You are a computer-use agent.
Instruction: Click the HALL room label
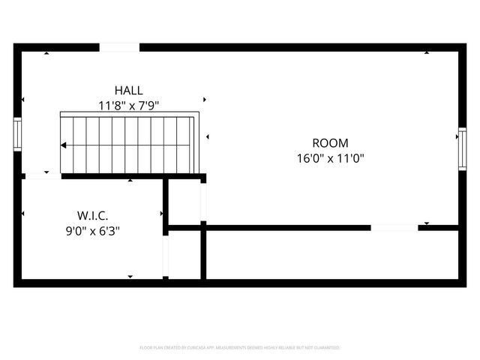click(129, 90)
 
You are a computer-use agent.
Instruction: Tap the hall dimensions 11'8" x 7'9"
click(129, 106)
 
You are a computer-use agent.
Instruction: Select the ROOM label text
click(330, 142)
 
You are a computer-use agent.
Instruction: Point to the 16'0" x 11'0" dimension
click(330, 158)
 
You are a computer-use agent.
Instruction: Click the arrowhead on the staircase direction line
click(64, 145)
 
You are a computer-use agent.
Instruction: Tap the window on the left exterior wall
click(17, 133)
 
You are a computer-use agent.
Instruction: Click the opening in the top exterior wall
click(119, 48)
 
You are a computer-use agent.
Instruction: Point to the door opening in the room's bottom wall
click(394, 227)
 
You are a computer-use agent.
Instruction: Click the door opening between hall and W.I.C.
click(42, 177)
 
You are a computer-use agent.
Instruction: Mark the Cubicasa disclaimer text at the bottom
click(240, 348)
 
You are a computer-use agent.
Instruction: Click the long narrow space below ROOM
click(330, 255)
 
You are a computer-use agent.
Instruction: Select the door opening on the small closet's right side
click(203, 201)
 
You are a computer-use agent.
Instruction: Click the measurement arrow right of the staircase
click(207, 136)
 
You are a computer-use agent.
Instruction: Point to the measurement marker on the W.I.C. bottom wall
click(131, 277)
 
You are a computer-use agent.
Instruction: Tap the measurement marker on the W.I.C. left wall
click(23, 214)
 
